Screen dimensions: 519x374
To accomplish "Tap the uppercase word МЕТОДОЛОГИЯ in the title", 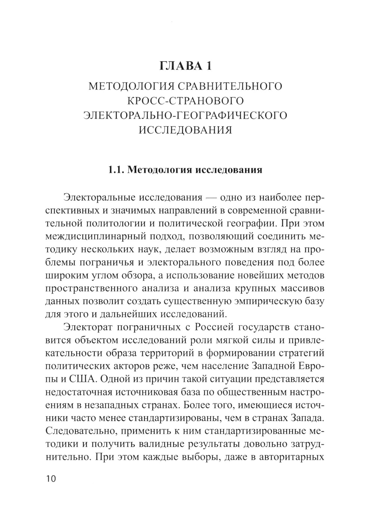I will (131, 86).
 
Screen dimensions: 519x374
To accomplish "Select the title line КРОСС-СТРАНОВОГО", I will (186, 101).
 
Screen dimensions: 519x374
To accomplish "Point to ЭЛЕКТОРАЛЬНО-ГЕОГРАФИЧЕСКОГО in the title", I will (186, 115).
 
